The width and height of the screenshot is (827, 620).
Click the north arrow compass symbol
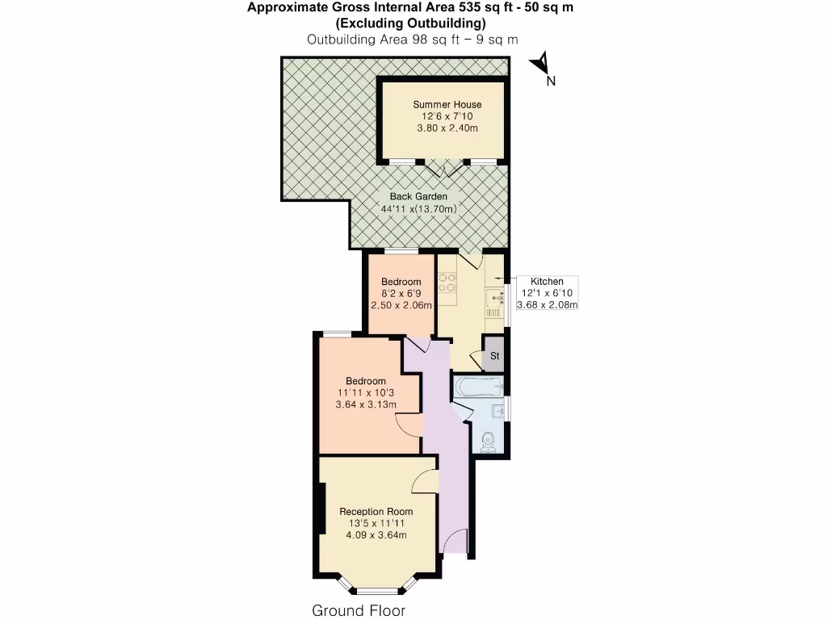(543, 64)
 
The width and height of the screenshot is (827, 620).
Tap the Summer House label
(447, 104)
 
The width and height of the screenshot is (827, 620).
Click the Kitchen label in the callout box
(548, 281)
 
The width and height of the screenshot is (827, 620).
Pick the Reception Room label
(376, 511)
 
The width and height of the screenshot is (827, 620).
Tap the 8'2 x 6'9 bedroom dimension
(401, 294)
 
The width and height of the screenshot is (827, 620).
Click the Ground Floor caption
(359, 610)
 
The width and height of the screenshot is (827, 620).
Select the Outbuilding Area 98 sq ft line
(413, 39)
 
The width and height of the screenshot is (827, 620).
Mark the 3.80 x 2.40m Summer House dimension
(447, 128)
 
